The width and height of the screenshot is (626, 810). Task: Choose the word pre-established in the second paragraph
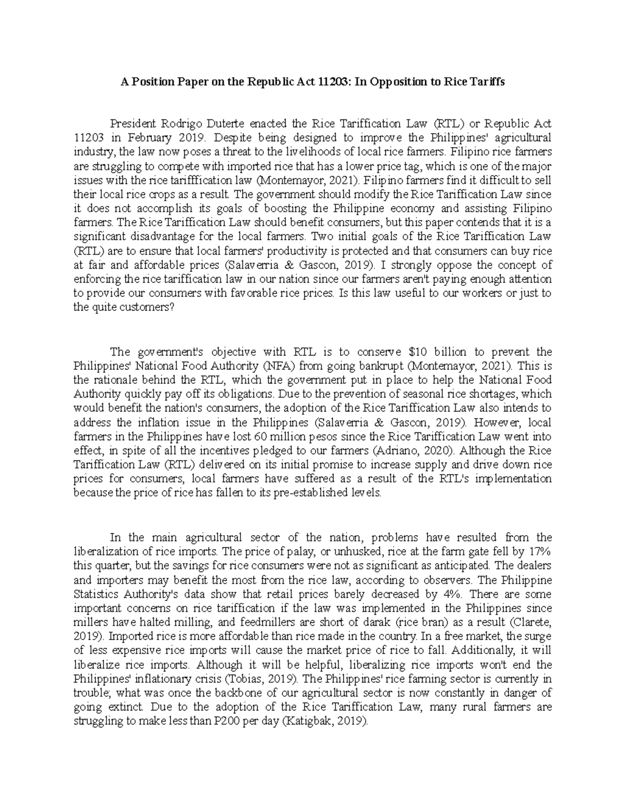click(308, 493)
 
